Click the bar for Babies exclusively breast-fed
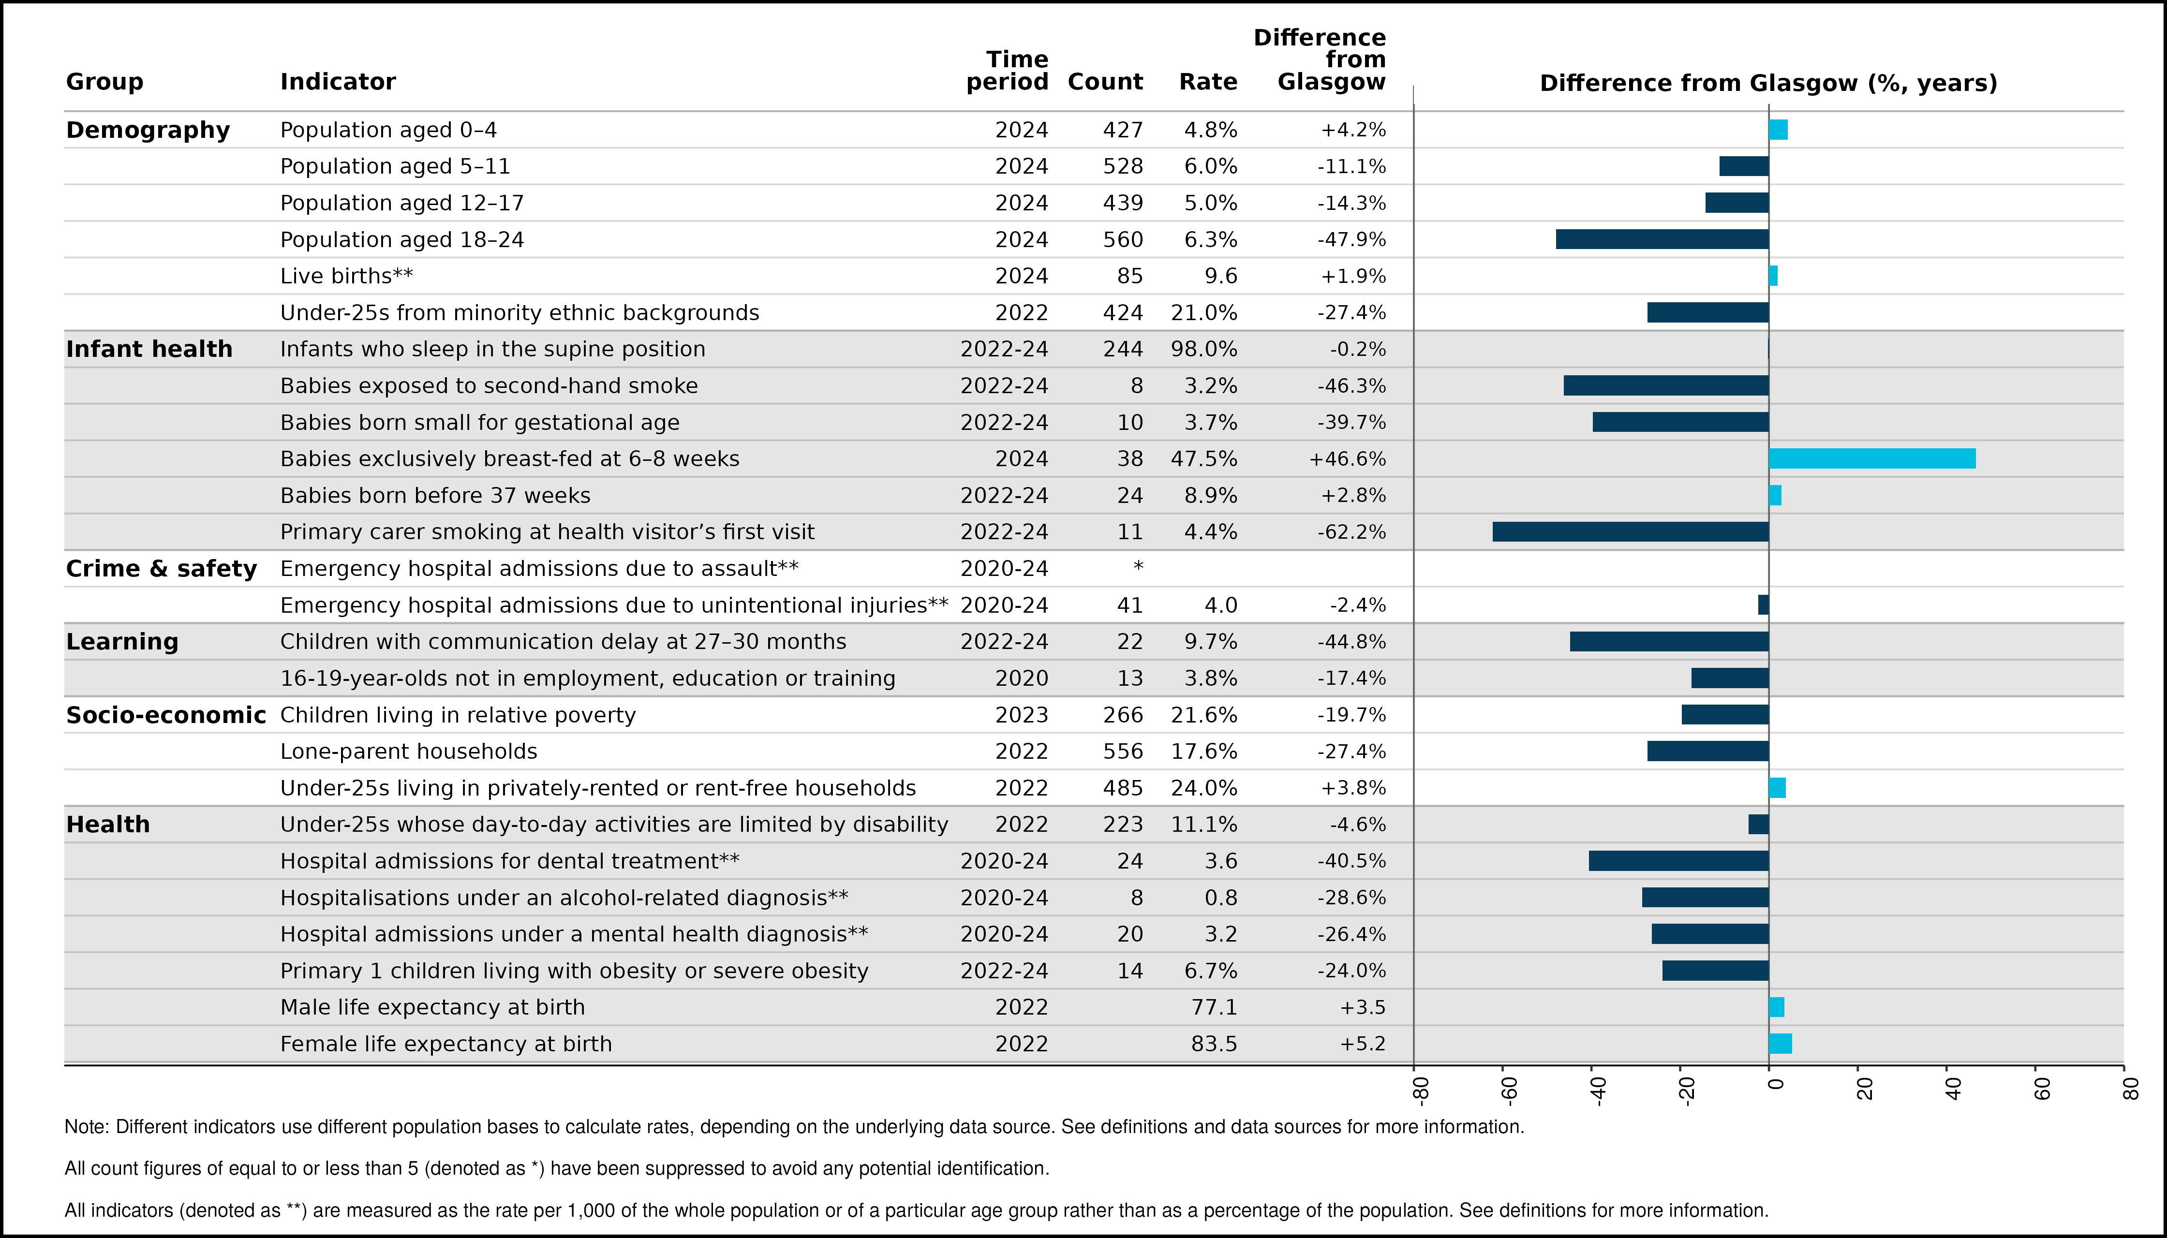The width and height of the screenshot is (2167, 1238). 1872,459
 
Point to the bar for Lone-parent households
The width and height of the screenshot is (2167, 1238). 1708,752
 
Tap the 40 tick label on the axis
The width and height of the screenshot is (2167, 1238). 1953,1089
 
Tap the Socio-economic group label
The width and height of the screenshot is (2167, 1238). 166,715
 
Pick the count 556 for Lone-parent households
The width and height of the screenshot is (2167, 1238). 1123,752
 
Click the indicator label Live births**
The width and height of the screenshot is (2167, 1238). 346,276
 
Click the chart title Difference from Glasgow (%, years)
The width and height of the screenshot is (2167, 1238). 1768,83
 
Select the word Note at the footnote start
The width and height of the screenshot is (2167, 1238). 86,1127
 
